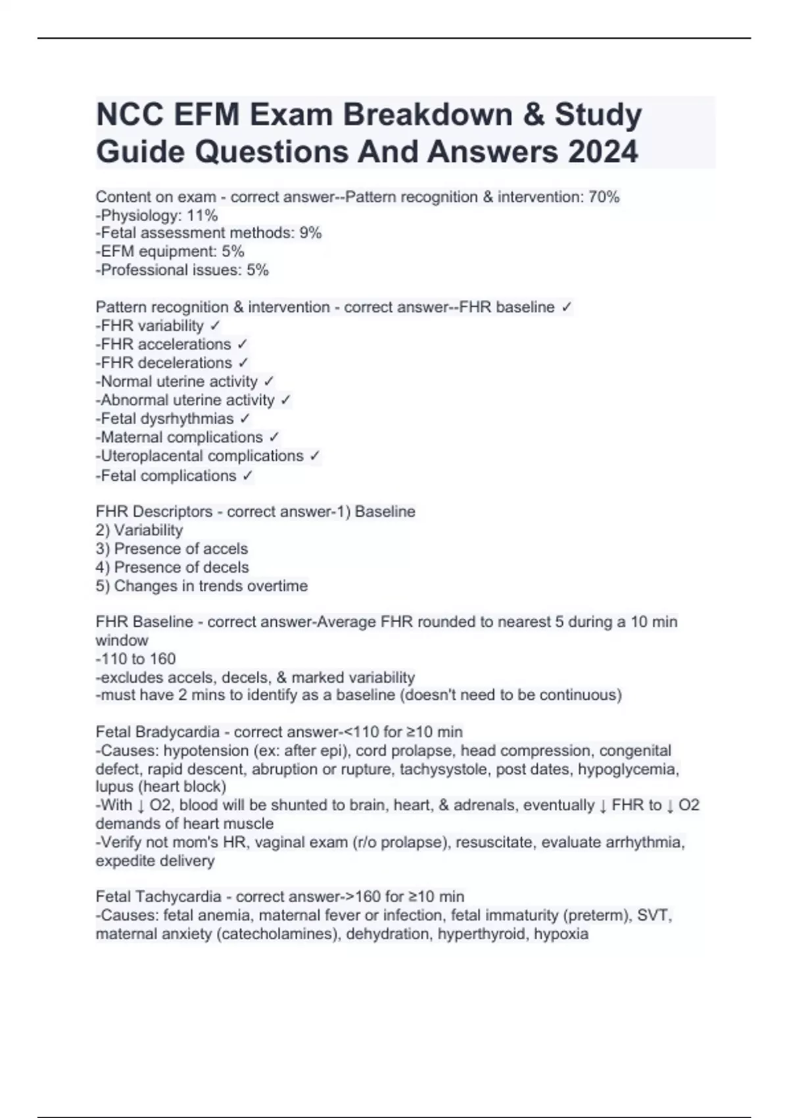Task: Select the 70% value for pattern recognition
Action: (x=604, y=197)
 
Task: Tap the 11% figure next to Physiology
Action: (x=202, y=215)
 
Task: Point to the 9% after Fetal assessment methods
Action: (x=310, y=233)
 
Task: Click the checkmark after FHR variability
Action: (x=215, y=326)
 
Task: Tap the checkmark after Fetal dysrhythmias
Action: (x=245, y=419)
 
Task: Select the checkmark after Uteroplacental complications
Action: (x=315, y=456)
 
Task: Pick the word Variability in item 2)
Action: (x=148, y=530)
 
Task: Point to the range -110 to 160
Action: (x=135, y=658)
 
